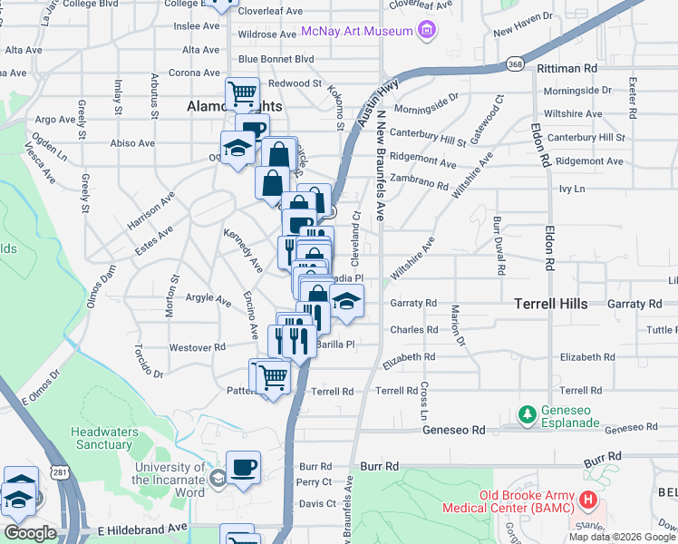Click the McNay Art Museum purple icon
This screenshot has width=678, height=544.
coord(427,32)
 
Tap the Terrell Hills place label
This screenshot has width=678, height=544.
coord(551,304)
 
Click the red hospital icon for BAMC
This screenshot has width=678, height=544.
coord(587,500)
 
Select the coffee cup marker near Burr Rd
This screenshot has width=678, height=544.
coord(243,467)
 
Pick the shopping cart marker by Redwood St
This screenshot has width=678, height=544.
coord(242,92)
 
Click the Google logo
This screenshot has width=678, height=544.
coord(30,533)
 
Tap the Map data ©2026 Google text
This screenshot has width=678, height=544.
coord(621,537)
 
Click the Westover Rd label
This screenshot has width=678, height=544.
coord(197,347)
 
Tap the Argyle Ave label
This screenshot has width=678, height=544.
coord(209,297)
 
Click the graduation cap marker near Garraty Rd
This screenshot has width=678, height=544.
coord(345,300)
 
